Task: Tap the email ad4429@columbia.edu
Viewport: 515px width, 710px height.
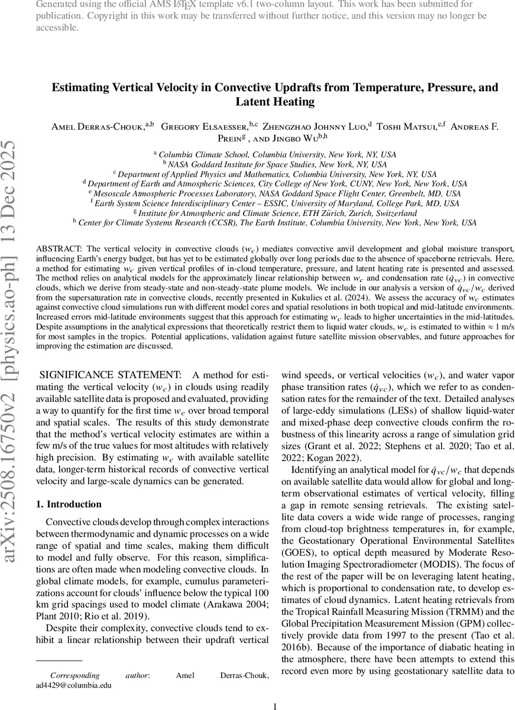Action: tap(73, 685)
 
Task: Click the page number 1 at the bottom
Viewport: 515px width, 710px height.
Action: tap(274, 705)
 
